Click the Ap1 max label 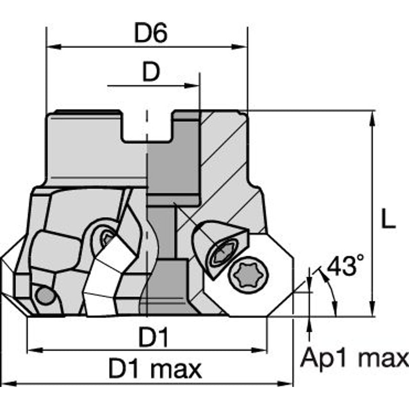[354, 358]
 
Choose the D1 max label [155, 369]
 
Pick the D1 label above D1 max [154, 339]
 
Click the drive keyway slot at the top [147, 127]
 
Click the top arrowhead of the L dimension [372, 117]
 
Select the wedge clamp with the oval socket [218, 249]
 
